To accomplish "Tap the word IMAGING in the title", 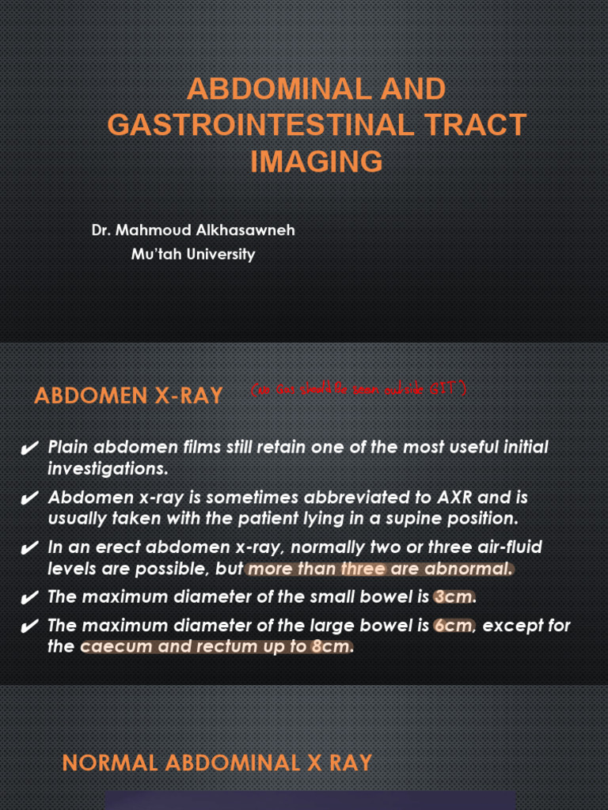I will click(x=317, y=161).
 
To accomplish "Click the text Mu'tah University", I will click(x=192, y=254).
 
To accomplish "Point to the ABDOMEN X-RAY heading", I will click(x=128, y=396).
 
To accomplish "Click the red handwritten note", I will click(x=357, y=390).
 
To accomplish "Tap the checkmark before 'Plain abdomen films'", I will click(x=29, y=449).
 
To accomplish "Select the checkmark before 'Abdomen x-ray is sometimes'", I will click(x=29, y=499).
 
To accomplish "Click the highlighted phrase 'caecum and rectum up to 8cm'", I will click(x=216, y=647).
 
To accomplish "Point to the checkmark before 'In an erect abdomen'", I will click(x=29, y=549).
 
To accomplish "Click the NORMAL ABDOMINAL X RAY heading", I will click(x=217, y=763).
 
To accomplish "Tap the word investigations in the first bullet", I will click(x=107, y=468).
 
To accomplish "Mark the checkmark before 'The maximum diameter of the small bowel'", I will click(x=29, y=598).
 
